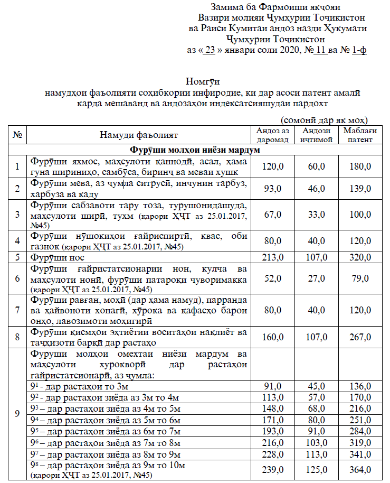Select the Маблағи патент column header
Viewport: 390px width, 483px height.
pos(357,135)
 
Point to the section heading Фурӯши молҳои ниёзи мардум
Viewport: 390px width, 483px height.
pos(195,150)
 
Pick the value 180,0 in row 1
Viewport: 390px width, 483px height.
pos(357,166)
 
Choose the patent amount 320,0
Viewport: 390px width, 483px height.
pos(357,257)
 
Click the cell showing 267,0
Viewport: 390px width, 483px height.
pos(357,337)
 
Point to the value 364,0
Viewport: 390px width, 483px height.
pos(357,470)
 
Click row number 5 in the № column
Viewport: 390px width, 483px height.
pos(17,257)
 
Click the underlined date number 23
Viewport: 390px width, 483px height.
pos(210,51)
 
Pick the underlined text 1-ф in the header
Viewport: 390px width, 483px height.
pos(359,51)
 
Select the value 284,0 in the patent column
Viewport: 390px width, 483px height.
pos(357,432)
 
